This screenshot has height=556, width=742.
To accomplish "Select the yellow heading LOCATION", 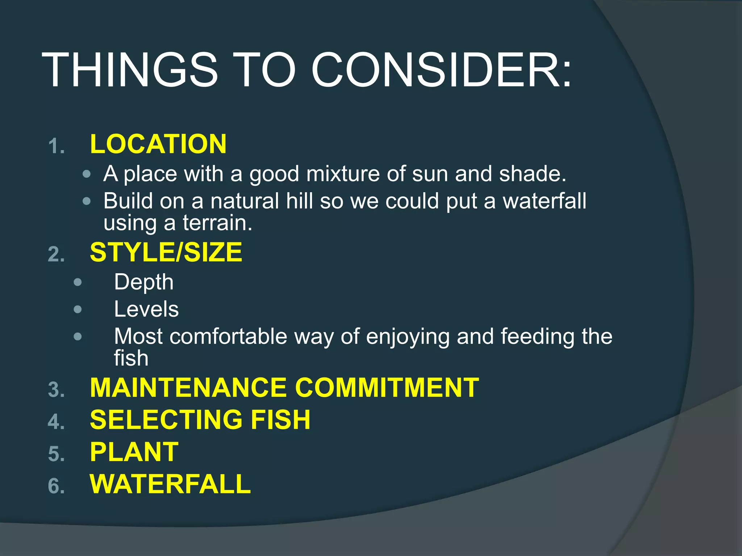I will tap(158, 144).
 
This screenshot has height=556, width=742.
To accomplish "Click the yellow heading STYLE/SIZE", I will tap(166, 252).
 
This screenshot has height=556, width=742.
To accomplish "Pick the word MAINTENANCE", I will tap(188, 388).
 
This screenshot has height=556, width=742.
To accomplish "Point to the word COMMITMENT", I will tap(387, 388).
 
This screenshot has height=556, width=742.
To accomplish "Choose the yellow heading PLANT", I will tap(134, 452).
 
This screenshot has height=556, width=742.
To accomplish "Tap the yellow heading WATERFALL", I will tap(170, 484).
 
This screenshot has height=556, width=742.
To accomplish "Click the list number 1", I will tap(56, 147).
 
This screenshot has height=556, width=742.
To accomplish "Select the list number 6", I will tap(56, 486).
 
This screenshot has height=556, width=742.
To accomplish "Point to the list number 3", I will tap(56, 390).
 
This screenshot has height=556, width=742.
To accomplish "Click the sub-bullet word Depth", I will tap(144, 282).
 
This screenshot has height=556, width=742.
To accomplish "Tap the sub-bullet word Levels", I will tap(146, 309).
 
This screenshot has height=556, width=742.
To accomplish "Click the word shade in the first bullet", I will tap(532, 174).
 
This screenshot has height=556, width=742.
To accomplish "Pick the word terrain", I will tap(217, 223).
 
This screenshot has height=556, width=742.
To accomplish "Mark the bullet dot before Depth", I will tap(78, 282).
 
